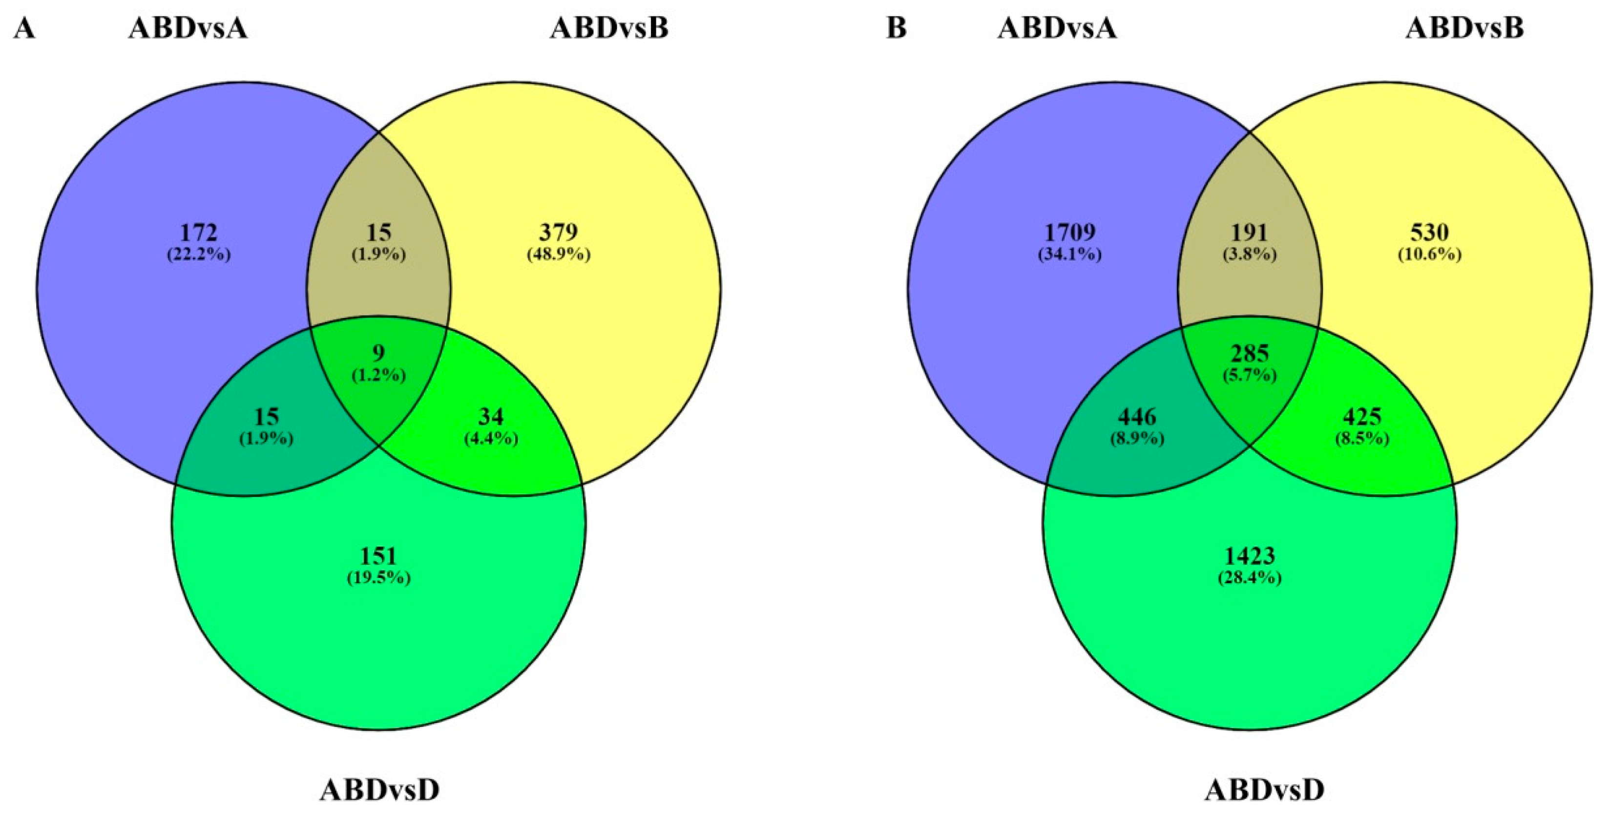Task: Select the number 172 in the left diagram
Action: [x=199, y=233]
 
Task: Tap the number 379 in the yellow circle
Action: [x=558, y=233]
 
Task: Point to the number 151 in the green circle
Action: [x=378, y=555]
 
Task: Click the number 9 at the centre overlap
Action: [x=378, y=354]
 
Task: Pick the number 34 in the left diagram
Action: [x=490, y=417]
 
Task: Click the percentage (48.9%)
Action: [x=558, y=255]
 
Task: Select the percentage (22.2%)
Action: [x=199, y=255]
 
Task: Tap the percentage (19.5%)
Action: [x=378, y=577]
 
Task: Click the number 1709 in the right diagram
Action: [x=1070, y=233]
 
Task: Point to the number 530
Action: [x=1429, y=233]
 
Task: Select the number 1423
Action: [x=1249, y=555]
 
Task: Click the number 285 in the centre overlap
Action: [x=1249, y=354]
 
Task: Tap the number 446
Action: [x=1137, y=417]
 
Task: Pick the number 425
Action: [x=1361, y=417]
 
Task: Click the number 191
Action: [x=1249, y=233]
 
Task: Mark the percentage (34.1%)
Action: [x=1070, y=255]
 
